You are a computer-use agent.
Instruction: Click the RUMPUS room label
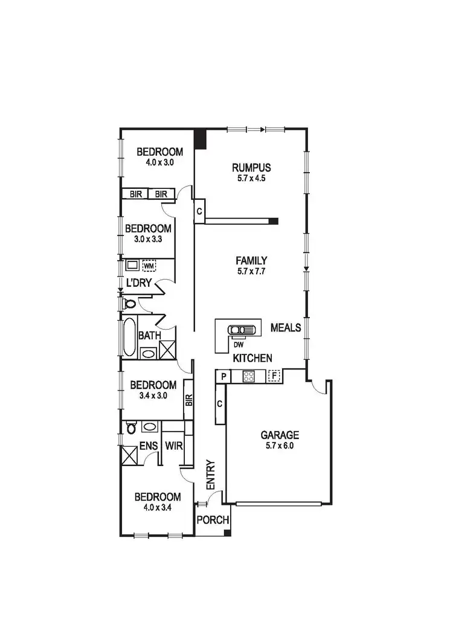pos(251,168)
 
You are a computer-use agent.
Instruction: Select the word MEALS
pos(286,328)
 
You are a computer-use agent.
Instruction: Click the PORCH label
pos(212,520)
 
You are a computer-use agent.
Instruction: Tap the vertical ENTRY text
pos(210,475)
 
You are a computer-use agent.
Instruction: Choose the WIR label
pos(173,447)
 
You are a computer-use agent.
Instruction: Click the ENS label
pos(149,447)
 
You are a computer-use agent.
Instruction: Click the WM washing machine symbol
pos(149,266)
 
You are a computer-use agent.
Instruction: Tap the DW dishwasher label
pos(238,345)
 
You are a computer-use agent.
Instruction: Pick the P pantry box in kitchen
pos(223,376)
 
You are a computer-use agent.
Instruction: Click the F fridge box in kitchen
pos(275,376)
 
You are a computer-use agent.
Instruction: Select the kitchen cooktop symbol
pos(249,376)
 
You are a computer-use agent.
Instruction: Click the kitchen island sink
pos(242,330)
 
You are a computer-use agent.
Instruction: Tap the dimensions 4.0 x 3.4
pos(157,507)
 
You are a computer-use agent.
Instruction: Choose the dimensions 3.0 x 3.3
pos(148,239)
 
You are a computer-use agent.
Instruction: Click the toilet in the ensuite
pos(130,428)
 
